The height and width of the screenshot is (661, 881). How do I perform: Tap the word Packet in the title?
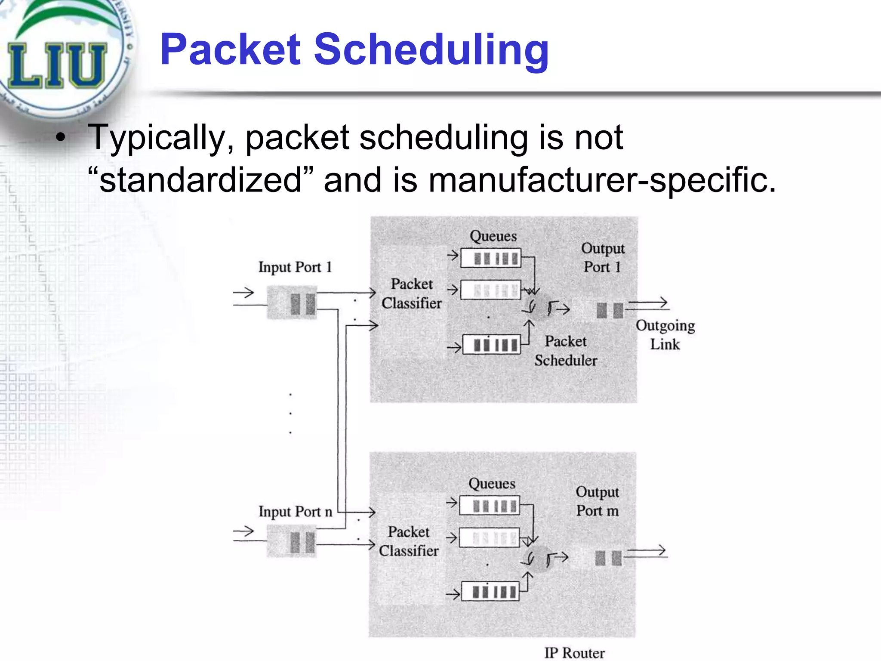[230, 50]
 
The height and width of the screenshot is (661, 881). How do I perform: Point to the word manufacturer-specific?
[602, 180]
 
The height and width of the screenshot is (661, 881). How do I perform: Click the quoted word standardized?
[200, 180]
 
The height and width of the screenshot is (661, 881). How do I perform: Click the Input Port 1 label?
[295, 267]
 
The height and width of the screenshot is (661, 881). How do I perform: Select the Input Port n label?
[295, 512]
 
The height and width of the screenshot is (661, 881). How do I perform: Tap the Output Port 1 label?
[602, 257]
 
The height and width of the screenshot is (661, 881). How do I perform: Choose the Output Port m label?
[598, 501]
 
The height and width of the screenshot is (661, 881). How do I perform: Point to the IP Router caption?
[574, 653]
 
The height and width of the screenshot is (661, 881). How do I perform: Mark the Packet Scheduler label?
[566, 351]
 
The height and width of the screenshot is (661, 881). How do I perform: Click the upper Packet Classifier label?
[412, 293]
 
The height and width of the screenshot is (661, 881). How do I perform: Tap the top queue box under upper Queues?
[491, 258]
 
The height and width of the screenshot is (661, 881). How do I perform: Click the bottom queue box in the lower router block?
[490, 592]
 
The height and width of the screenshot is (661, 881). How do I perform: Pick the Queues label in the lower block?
[492, 484]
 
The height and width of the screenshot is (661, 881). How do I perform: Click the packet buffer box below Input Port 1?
[292, 303]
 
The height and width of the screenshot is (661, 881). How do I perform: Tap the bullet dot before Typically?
[61, 138]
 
